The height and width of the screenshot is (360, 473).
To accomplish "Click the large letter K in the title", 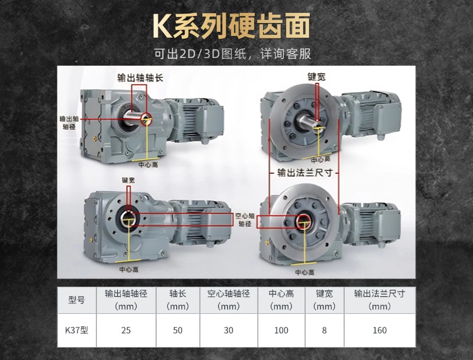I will (163, 26).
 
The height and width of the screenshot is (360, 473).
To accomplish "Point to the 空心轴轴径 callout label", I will (244, 220).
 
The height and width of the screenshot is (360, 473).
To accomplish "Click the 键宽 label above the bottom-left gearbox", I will (129, 180).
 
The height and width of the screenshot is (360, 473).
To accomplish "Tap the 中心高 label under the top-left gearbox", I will (147, 165).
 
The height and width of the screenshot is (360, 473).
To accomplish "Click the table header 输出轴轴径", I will (125, 300).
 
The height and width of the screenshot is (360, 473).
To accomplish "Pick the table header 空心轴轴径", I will (229, 300).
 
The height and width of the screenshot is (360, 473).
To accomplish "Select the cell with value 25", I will (125, 330).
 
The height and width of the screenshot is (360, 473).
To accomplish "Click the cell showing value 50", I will (178, 330).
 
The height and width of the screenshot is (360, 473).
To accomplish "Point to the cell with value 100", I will (281, 330).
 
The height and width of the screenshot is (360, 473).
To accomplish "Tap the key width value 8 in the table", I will (324, 330).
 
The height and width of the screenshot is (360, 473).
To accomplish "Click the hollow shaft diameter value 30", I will (229, 330).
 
